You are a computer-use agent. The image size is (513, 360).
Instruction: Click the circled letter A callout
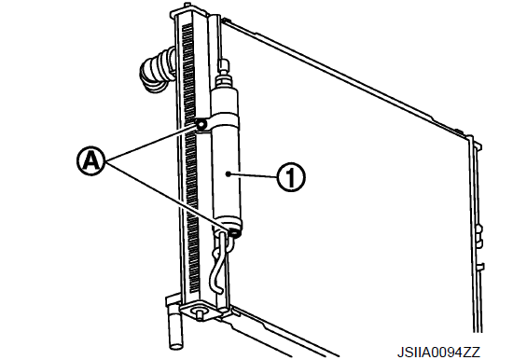click(92, 161)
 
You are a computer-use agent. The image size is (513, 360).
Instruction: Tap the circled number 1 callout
click(291, 177)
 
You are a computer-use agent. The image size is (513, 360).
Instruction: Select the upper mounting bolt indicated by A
click(201, 124)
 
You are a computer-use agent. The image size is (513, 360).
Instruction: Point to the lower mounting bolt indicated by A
click(234, 233)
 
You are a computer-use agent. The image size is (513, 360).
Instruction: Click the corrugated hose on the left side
click(157, 70)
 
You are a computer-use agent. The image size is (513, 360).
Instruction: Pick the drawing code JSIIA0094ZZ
click(438, 353)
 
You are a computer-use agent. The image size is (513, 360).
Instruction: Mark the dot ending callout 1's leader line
click(229, 174)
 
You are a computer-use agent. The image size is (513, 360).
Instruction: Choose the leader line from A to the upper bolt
click(151, 143)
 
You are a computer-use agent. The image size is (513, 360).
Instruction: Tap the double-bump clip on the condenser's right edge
click(479, 234)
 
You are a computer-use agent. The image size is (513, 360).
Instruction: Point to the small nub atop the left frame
click(187, 6)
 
